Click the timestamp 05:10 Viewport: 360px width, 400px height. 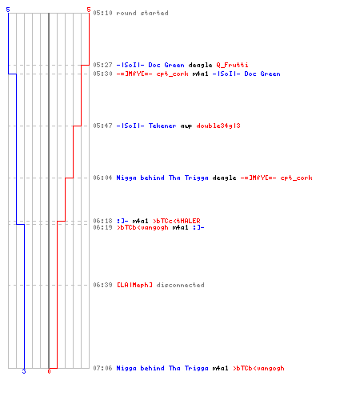(x=102, y=13)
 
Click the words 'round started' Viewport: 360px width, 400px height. (x=142, y=13)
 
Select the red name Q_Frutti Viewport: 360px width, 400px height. (x=232, y=65)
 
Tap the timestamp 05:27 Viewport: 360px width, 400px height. (x=102, y=65)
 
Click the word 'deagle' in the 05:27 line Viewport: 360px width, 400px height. (x=200, y=65)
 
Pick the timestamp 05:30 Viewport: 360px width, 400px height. (x=102, y=74)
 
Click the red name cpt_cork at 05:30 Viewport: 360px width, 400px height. (x=172, y=74)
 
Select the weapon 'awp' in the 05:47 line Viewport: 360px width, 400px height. (x=186, y=126)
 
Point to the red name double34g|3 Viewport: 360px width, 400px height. (x=218, y=126)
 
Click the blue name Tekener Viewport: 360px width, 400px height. (x=162, y=126)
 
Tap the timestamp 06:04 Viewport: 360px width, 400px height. (x=102, y=178)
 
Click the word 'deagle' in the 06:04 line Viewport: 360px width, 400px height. (x=224, y=178)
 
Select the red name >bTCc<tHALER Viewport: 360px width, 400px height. (x=177, y=221)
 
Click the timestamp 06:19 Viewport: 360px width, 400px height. (x=102, y=227)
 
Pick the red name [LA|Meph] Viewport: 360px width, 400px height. (x=134, y=285)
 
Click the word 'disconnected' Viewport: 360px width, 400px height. (x=181, y=285)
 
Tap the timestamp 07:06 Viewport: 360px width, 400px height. (x=102, y=368)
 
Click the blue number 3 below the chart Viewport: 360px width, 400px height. (x=24, y=371)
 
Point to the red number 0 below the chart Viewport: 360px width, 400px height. (x=49, y=371)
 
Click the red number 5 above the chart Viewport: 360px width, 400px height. (x=89, y=10)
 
